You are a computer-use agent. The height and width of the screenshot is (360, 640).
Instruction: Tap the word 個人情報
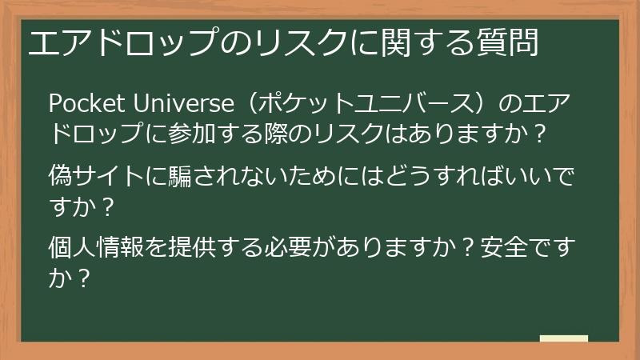[97, 246]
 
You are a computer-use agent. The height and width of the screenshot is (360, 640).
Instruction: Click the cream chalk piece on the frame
[563, 338]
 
